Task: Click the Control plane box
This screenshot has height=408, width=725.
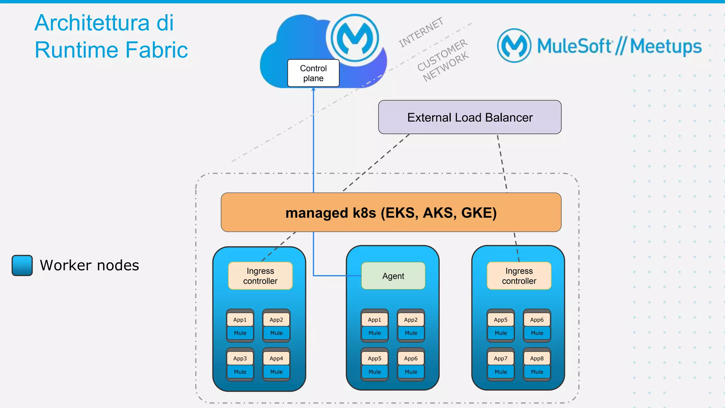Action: [313, 73]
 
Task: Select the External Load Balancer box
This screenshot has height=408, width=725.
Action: [469, 117]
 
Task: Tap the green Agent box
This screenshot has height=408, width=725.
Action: [393, 276]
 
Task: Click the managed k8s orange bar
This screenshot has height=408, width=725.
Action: [391, 212]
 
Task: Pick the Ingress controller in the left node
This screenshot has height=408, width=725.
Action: [260, 276]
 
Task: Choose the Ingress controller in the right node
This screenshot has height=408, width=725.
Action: [519, 276]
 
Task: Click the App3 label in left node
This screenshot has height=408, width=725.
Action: [240, 358]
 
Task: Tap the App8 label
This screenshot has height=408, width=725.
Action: [537, 358]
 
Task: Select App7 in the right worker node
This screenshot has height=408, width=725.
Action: [501, 358]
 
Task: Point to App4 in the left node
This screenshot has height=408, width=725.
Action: [276, 358]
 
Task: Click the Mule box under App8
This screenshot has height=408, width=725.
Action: [537, 372]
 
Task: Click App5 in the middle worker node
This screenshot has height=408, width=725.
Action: [375, 358]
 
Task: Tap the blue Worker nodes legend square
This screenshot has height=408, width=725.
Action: [22, 265]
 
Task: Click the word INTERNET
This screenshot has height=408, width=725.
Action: [421, 32]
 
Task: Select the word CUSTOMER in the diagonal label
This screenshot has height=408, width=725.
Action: [442, 55]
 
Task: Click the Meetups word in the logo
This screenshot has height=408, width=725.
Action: [666, 46]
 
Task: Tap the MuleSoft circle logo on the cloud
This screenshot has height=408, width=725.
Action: [355, 38]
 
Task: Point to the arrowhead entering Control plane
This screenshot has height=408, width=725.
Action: [313, 90]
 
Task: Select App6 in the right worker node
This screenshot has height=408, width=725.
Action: [537, 320]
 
